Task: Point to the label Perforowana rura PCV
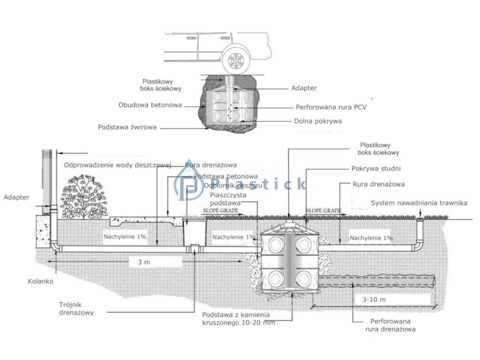(x=331, y=107)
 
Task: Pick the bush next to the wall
(x=84, y=196)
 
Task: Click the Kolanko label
(x=41, y=282)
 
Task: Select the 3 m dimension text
(x=143, y=262)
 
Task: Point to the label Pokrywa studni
(x=375, y=169)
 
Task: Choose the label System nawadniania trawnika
(x=419, y=203)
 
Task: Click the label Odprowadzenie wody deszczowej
(x=117, y=165)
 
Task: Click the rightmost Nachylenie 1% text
(x=371, y=238)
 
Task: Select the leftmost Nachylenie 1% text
(x=125, y=237)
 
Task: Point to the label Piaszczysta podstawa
(x=225, y=199)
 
